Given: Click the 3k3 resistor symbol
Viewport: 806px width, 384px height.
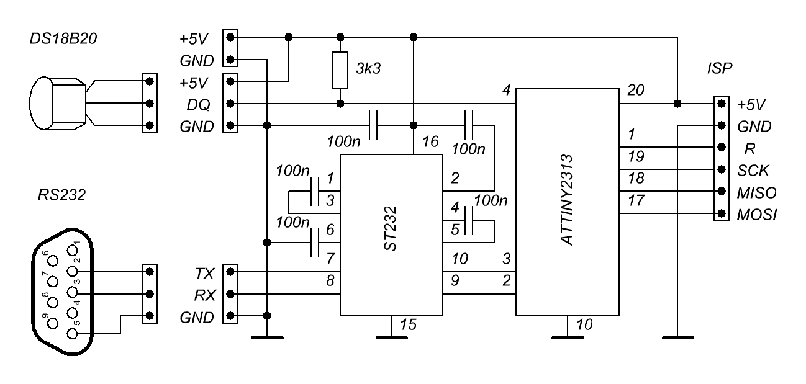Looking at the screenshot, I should (x=340, y=70).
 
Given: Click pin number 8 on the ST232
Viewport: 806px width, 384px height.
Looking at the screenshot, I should (x=330, y=280).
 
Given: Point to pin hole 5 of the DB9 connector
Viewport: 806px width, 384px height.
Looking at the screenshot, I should (x=73, y=333).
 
